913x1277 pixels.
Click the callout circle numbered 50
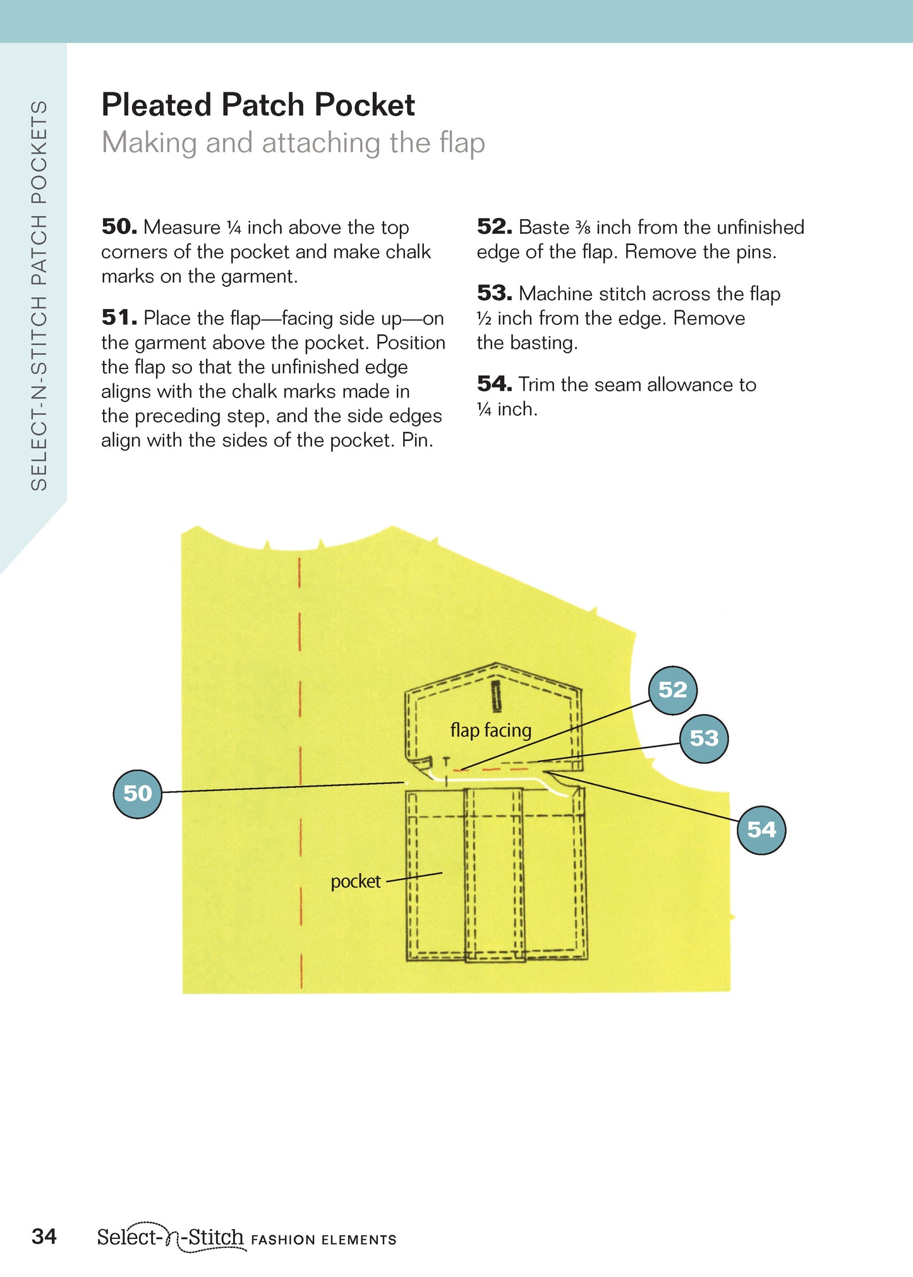pyautogui.click(x=137, y=794)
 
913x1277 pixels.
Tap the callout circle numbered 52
pyautogui.click(x=673, y=690)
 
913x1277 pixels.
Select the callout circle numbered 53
pyautogui.click(x=704, y=739)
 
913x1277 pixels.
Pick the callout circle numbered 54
pyautogui.click(x=761, y=830)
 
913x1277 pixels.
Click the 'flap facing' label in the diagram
pyautogui.click(x=490, y=730)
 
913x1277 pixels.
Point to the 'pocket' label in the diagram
pyautogui.click(x=356, y=881)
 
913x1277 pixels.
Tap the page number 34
pyautogui.click(x=44, y=1237)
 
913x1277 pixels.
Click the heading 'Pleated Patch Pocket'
pyautogui.click(x=258, y=105)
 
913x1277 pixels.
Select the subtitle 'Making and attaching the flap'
pyautogui.click(x=293, y=143)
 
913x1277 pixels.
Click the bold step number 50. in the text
pyautogui.click(x=119, y=226)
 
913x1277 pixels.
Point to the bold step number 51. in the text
pyautogui.click(x=119, y=317)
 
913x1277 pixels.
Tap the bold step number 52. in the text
pyautogui.click(x=495, y=226)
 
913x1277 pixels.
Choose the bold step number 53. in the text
pyautogui.click(x=495, y=293)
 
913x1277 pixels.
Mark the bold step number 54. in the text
pyautogui.click(x=495, y=384)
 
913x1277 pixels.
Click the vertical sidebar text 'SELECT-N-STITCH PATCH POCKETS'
pyautogui.click(x=39, y=295)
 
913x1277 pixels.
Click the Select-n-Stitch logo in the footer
pyautogui.click(x=170, y=1237)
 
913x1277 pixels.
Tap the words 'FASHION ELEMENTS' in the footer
pyautogui.click(x=323, y=1240)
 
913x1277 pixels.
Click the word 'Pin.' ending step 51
pyautogui.click(x=417, y=440)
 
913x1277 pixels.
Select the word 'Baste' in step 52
pyautogui.click(x=544, y=227)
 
